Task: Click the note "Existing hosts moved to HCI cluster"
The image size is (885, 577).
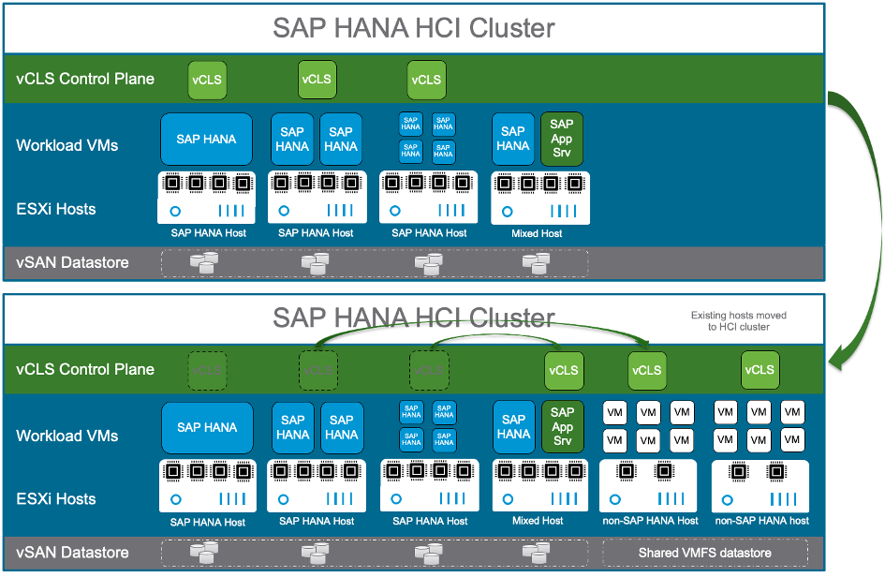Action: [738, 321]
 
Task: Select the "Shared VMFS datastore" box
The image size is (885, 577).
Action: [705, 553]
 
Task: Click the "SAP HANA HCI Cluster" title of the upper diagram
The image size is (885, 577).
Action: [413, 28]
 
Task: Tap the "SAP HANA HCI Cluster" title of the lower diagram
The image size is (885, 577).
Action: [413, 318]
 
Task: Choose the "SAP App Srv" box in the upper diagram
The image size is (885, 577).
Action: [562, 140]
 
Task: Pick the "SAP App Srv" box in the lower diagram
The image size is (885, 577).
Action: [562, 427]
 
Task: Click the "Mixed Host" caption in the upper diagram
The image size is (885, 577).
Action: [538, 233]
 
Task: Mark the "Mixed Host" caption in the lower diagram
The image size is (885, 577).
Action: [538, 521]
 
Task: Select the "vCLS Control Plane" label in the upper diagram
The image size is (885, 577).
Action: [85, 79]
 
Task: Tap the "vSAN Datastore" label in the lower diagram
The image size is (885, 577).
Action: [72, 553]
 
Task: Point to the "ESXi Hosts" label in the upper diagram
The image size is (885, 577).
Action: [56, 209]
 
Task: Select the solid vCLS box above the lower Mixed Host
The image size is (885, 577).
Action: [564, 370]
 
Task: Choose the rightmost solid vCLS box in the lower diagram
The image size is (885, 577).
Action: [760, 370]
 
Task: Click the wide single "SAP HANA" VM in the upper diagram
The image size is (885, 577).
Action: [207, 140]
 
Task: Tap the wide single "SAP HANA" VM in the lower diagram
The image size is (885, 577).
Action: [207, 427]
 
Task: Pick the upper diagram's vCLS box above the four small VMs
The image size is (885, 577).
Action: [426, 80]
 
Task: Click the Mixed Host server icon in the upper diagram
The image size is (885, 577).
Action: [538, 198]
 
